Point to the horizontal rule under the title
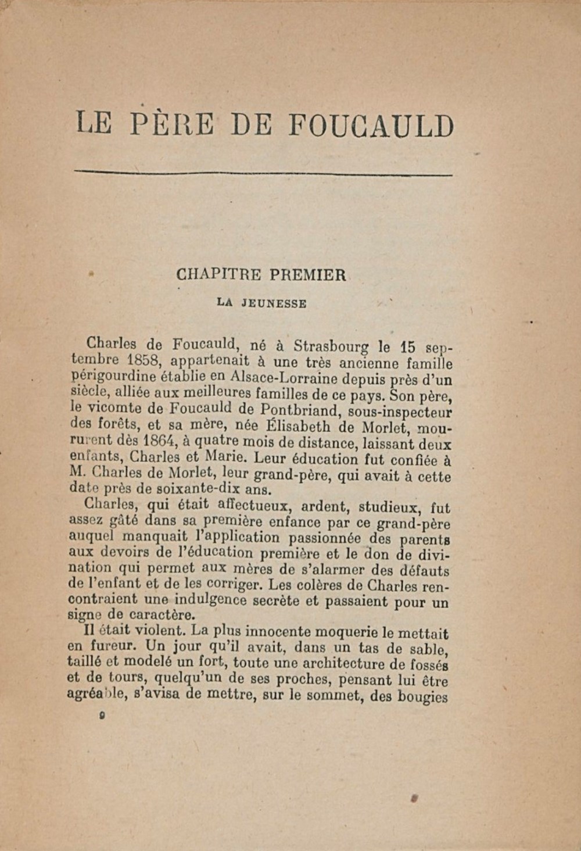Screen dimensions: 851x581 (x=264, y=172)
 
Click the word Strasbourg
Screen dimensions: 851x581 (x=331, y=346)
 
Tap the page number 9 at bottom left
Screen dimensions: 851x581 (x=102, y=717)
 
